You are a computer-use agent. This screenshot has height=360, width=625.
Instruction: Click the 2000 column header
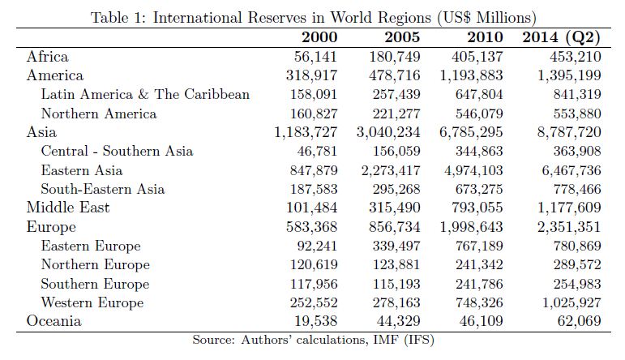[319, 37]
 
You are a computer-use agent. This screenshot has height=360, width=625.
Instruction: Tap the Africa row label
[48, 57]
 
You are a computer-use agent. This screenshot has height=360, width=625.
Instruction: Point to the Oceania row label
[54, 320]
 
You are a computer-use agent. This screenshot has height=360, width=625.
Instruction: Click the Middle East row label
[68, 208]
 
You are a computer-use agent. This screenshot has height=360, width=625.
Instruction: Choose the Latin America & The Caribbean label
[145, 95]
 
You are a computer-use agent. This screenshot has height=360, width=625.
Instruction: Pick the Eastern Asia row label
[82, 170]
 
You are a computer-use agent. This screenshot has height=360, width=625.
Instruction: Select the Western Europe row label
[92, 302]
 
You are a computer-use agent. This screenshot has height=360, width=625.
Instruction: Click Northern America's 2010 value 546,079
[473, 114]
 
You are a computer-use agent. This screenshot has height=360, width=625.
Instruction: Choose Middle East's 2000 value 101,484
[310, 208]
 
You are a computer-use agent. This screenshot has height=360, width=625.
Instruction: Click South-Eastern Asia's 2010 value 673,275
[473, 189]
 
